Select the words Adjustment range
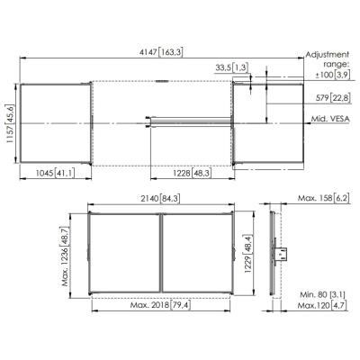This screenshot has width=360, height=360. [x=326, y=58]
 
